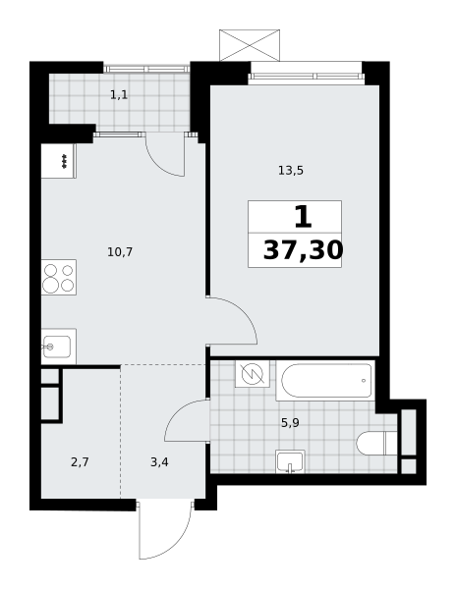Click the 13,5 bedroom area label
[291, 171]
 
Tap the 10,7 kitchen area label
[120, 252]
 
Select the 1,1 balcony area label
[119, 95]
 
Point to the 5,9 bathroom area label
[290, 423]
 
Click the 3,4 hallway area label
[159, 462]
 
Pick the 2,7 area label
[80, 462]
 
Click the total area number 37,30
[303, 250]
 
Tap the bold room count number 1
[303, 218]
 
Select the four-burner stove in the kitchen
[59, 277]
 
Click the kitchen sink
[56, 347]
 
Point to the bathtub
[325, 381]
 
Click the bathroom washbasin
[290, 461]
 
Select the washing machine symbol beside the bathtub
[253, 374]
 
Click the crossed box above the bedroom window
[250, 45]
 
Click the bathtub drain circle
[364, 381]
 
